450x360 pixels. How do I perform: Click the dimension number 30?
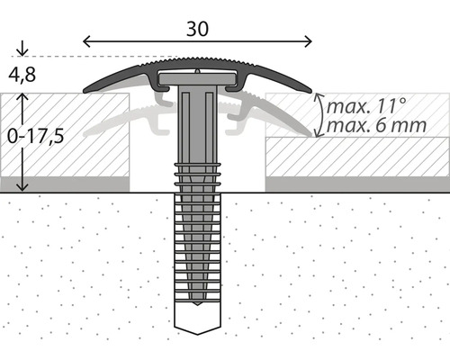[x=197, y=29]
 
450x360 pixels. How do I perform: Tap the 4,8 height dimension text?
[x=22, y=75]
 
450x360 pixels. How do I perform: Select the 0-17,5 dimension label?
[x=35, y=136]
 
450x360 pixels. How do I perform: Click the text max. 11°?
[x=366, y=106]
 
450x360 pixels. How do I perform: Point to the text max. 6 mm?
[x=376, y=125]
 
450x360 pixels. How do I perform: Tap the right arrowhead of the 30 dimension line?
[x=309, y=41]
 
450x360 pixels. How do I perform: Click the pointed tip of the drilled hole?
[x=197, y=334]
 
